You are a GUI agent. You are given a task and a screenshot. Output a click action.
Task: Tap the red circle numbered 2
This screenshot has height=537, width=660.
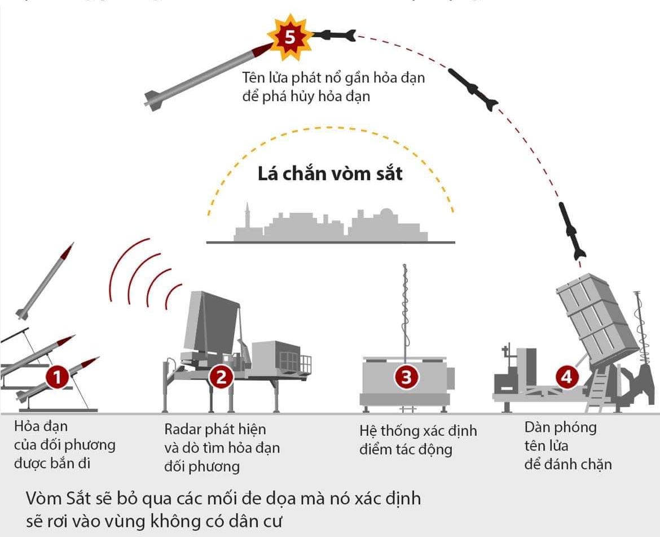pos(221,377)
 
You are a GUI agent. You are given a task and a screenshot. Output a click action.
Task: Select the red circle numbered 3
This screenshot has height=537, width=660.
pos(407,377)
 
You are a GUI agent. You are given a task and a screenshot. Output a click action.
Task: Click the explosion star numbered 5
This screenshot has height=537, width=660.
pos(289,38)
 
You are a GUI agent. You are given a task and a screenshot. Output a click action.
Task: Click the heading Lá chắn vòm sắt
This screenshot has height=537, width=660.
pos(331,173)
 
